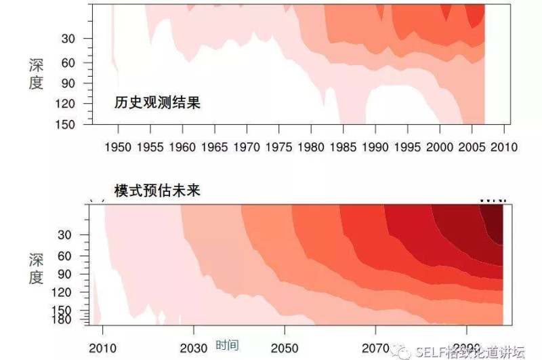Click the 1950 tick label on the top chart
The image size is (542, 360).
click(x=119, y=146)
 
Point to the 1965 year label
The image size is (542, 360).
click(x=215, y=146)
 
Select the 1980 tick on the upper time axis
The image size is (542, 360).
click(x=312, y=146)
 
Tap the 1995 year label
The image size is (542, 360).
click(x=408, y=146)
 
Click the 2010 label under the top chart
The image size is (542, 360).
click(x=504, y=146)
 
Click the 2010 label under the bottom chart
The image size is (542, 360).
click(x=102, y=348)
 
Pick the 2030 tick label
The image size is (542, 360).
click(x=194, y=348)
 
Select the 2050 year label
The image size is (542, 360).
click(x=285, y=348)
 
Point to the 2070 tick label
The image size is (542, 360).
click(x=377, y=348)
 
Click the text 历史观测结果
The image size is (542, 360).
click(x=157, y=103)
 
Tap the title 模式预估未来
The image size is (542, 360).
click(x=157, y=191)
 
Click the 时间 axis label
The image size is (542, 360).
click(x=227, y=345)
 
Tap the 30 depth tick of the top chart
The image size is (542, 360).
click(x=76, y=39)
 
